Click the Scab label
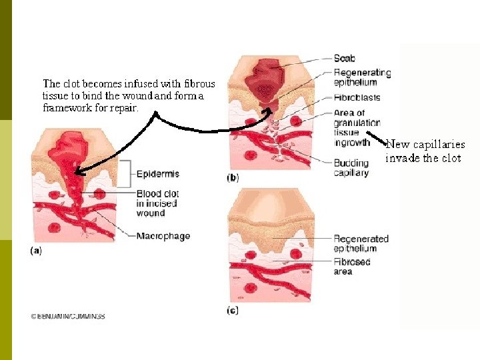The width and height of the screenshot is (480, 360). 345,59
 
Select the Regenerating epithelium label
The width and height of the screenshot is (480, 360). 362,77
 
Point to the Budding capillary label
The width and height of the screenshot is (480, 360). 351,168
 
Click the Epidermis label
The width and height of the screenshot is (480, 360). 157,174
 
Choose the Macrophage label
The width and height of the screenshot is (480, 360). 163,236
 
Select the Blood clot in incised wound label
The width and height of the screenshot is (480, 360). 158,203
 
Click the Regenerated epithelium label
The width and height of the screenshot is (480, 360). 361,243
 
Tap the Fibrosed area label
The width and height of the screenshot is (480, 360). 351,267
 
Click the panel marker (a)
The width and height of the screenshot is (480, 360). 36,251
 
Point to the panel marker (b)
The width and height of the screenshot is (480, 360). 233,178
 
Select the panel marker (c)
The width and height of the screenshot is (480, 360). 233,310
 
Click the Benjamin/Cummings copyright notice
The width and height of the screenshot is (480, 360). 67,316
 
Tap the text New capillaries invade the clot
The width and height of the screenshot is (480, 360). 425,151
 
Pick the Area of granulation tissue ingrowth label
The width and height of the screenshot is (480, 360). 357,127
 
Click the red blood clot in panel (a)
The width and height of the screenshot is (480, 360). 70,160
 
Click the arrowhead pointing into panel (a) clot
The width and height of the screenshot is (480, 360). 77,173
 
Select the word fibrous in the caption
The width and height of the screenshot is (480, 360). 199,84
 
